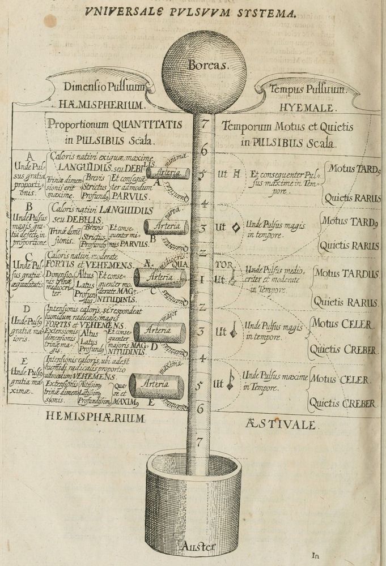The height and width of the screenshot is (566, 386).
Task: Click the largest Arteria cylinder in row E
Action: (156, 386)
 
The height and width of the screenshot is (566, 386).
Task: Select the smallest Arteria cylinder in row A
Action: (168, 173)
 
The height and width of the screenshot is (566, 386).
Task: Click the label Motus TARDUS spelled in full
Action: (347, 274)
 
